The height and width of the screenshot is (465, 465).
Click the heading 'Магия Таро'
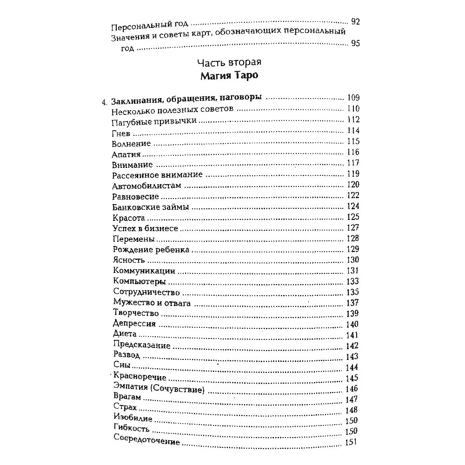pos(232,76)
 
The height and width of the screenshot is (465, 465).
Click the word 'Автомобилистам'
pos(146,186)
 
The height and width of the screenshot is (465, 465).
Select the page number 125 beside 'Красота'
pos(353,217)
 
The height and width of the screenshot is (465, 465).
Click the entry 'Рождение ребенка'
pos(151,250)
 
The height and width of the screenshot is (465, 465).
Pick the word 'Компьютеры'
pos(139,282)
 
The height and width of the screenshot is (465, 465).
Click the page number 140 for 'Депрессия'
pos(352,325)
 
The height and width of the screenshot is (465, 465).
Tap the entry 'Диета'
pos(124,334)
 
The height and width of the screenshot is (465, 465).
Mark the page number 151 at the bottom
pos(352,442)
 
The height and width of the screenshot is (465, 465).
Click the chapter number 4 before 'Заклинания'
pos(104,99)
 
